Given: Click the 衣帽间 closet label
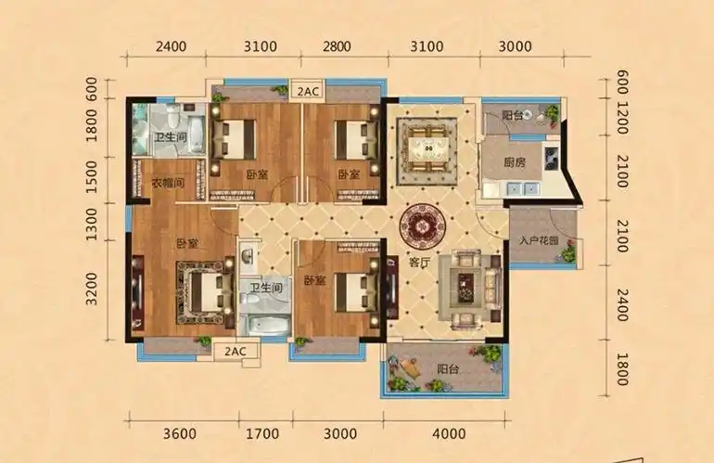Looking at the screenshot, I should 168,183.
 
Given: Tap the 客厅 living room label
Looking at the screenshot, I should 420,263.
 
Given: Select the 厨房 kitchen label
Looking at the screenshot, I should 516,160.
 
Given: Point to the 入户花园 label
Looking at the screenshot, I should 538,241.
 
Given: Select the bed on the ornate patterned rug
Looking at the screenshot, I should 202,286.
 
